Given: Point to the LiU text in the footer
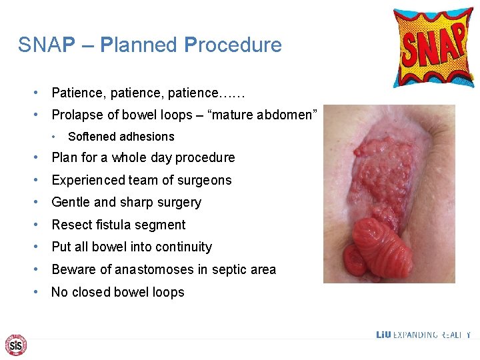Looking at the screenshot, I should [383, 335].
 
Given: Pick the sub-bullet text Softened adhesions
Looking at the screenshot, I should [121, 137].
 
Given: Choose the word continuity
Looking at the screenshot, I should [185, 247].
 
